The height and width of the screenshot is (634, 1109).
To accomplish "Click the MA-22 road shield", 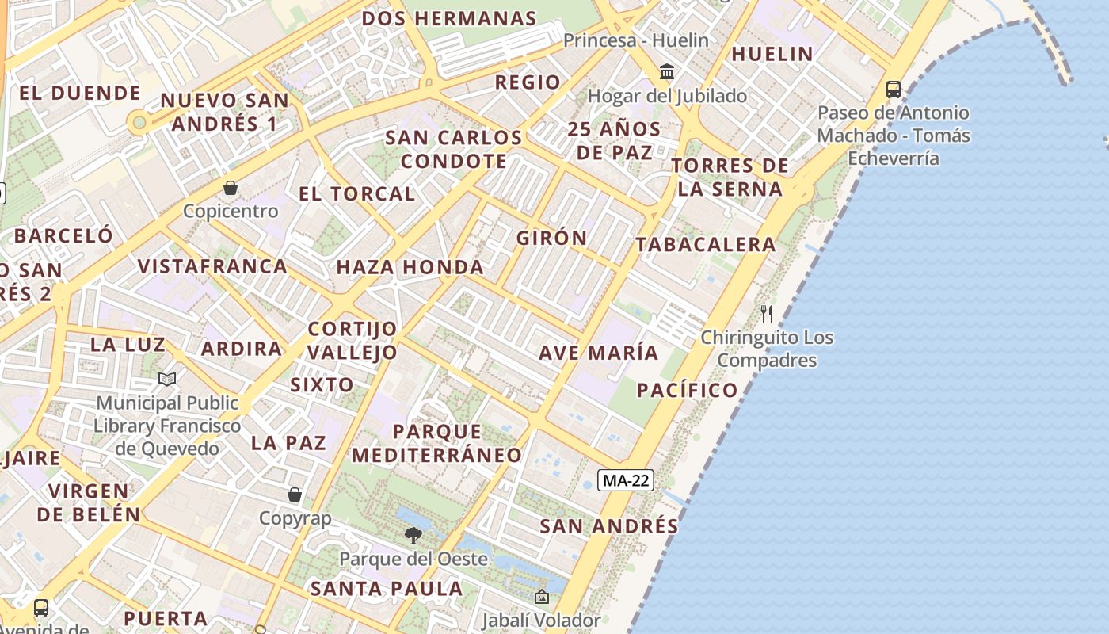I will pos(626,480).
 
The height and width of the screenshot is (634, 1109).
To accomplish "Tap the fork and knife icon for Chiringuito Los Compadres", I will pos(766,314).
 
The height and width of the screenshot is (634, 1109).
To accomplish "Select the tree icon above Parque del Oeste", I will pos(413,536).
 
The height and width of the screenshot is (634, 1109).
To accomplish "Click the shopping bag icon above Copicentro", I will pos(231,188).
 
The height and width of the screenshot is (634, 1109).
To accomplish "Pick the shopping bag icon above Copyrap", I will pos(295,495).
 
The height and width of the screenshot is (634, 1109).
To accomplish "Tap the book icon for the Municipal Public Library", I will pos(167,380).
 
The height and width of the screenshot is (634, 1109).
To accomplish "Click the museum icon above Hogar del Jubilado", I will pos(667,73).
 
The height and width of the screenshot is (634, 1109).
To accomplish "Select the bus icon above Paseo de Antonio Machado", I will pos(893,90).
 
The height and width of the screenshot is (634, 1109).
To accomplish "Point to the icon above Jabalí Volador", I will pos(542,597).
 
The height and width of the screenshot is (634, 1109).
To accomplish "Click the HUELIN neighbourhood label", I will pos(772,54).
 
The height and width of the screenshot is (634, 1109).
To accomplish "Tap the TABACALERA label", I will pos(706,245).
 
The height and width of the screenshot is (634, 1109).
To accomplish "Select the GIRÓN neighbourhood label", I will pos(552,238).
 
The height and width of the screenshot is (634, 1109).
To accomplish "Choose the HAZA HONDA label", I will pos(410,268).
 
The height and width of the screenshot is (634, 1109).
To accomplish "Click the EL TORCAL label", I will pos(356,194).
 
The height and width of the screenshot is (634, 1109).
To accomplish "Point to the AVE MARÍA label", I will pos(598,353).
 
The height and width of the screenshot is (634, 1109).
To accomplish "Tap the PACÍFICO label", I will pos(688,390).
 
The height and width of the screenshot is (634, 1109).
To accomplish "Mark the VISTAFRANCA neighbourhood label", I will pos(212,266).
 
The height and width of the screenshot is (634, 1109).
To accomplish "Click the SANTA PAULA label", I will pos(387,589).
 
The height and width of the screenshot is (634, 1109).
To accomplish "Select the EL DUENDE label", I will pos(79,94).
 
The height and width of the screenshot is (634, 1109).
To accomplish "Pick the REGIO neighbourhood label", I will pos(528,82).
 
